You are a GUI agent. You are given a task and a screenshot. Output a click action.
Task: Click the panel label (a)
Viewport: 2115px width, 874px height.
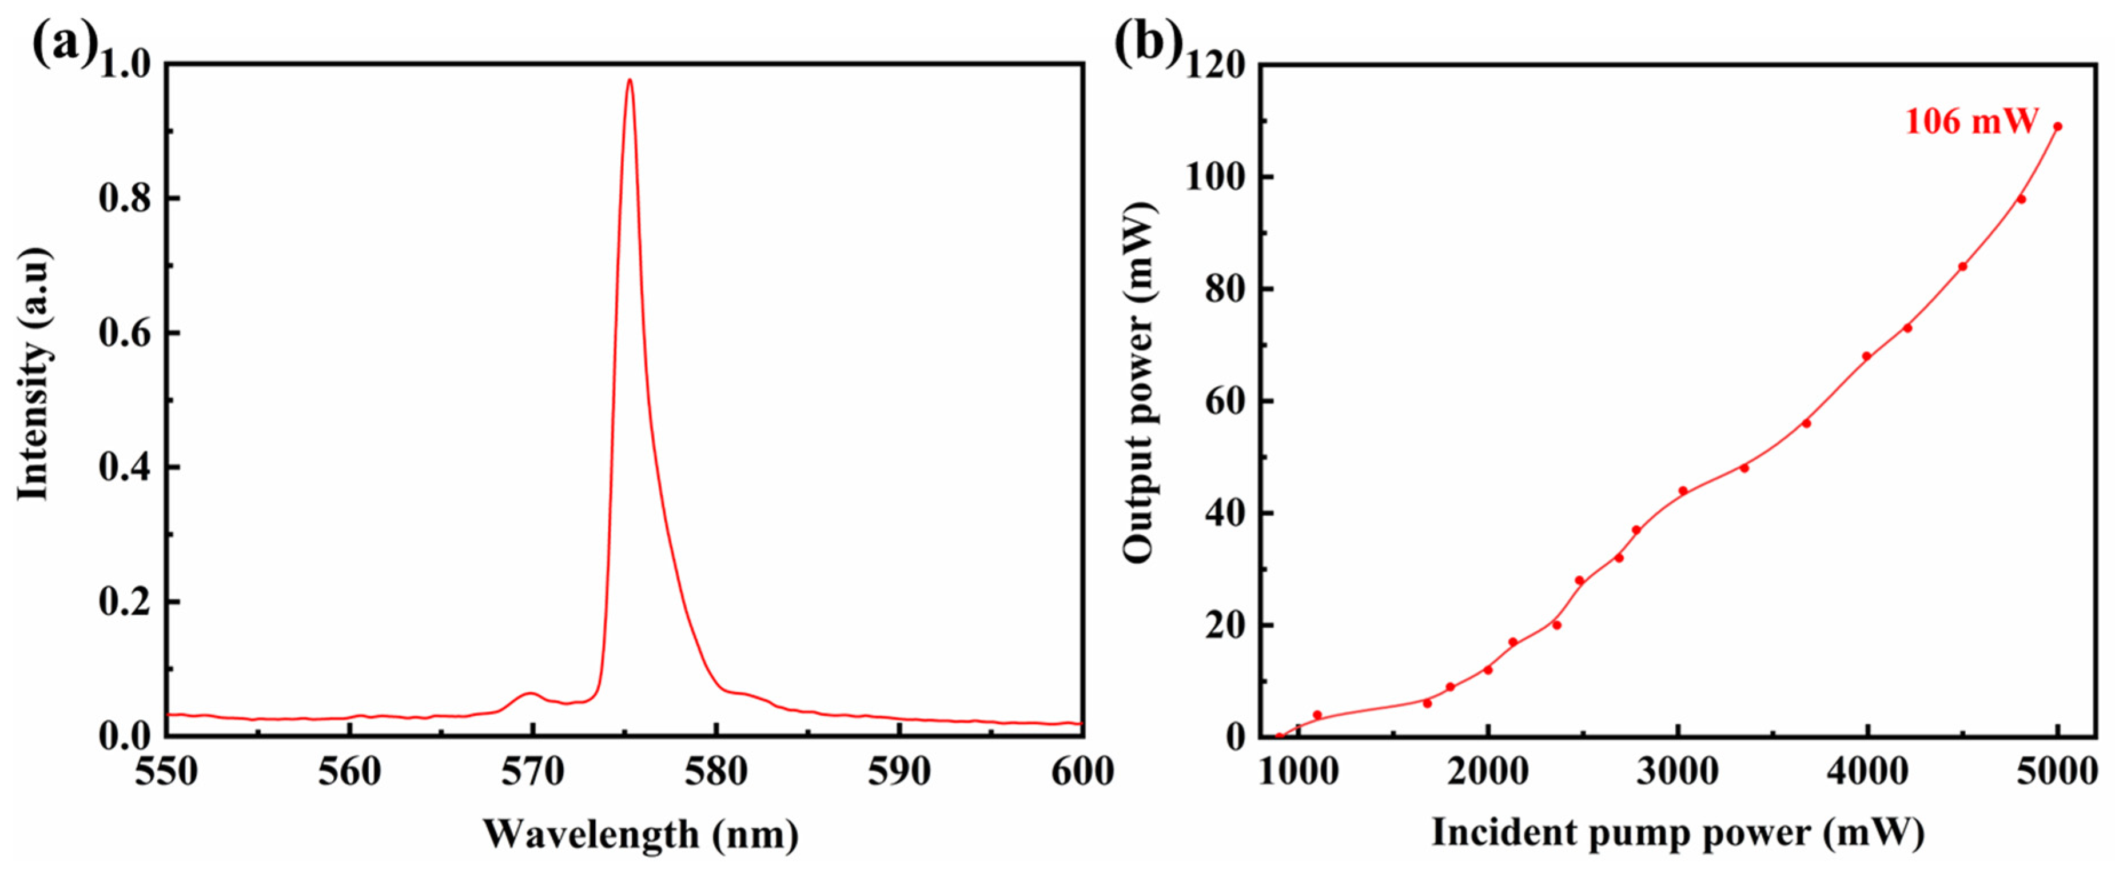[x=64, y=43]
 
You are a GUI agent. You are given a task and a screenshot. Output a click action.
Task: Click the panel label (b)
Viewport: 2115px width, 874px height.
[x=1148, y=43]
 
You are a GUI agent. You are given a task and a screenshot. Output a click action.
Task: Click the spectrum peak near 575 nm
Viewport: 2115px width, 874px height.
[x=630, y=81]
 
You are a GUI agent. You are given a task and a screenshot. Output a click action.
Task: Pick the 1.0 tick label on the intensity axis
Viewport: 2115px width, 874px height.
[x=125, y=64]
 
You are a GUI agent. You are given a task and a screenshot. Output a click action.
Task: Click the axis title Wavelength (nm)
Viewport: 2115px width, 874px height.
[x=640, y=834]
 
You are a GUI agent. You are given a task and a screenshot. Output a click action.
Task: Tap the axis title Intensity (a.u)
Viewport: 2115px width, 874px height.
[x=34, y=374]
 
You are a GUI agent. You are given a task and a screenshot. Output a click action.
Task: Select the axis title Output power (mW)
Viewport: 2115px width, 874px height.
[x=1140, y=382]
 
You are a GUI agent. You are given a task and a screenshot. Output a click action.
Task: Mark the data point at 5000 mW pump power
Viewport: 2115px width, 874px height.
[x=2057, y=126]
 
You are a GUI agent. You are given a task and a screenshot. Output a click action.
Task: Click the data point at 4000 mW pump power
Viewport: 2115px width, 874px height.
[x=1866, y=356]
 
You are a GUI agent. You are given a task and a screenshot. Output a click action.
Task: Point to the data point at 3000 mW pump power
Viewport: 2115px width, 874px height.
[x=1682, y=491]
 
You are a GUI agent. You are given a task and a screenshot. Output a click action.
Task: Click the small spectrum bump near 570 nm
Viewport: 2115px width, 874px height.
[x=531, y=693]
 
